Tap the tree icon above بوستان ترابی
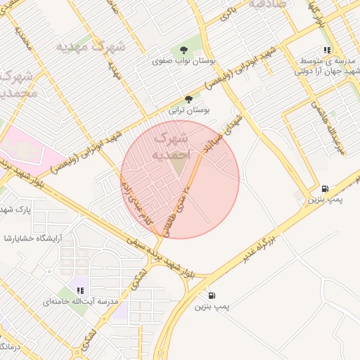tap(188, 99)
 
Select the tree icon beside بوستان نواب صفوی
tap(184, 49)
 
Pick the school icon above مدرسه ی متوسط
tap(327, 50)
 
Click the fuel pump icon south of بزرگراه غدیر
tap(212, 295)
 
